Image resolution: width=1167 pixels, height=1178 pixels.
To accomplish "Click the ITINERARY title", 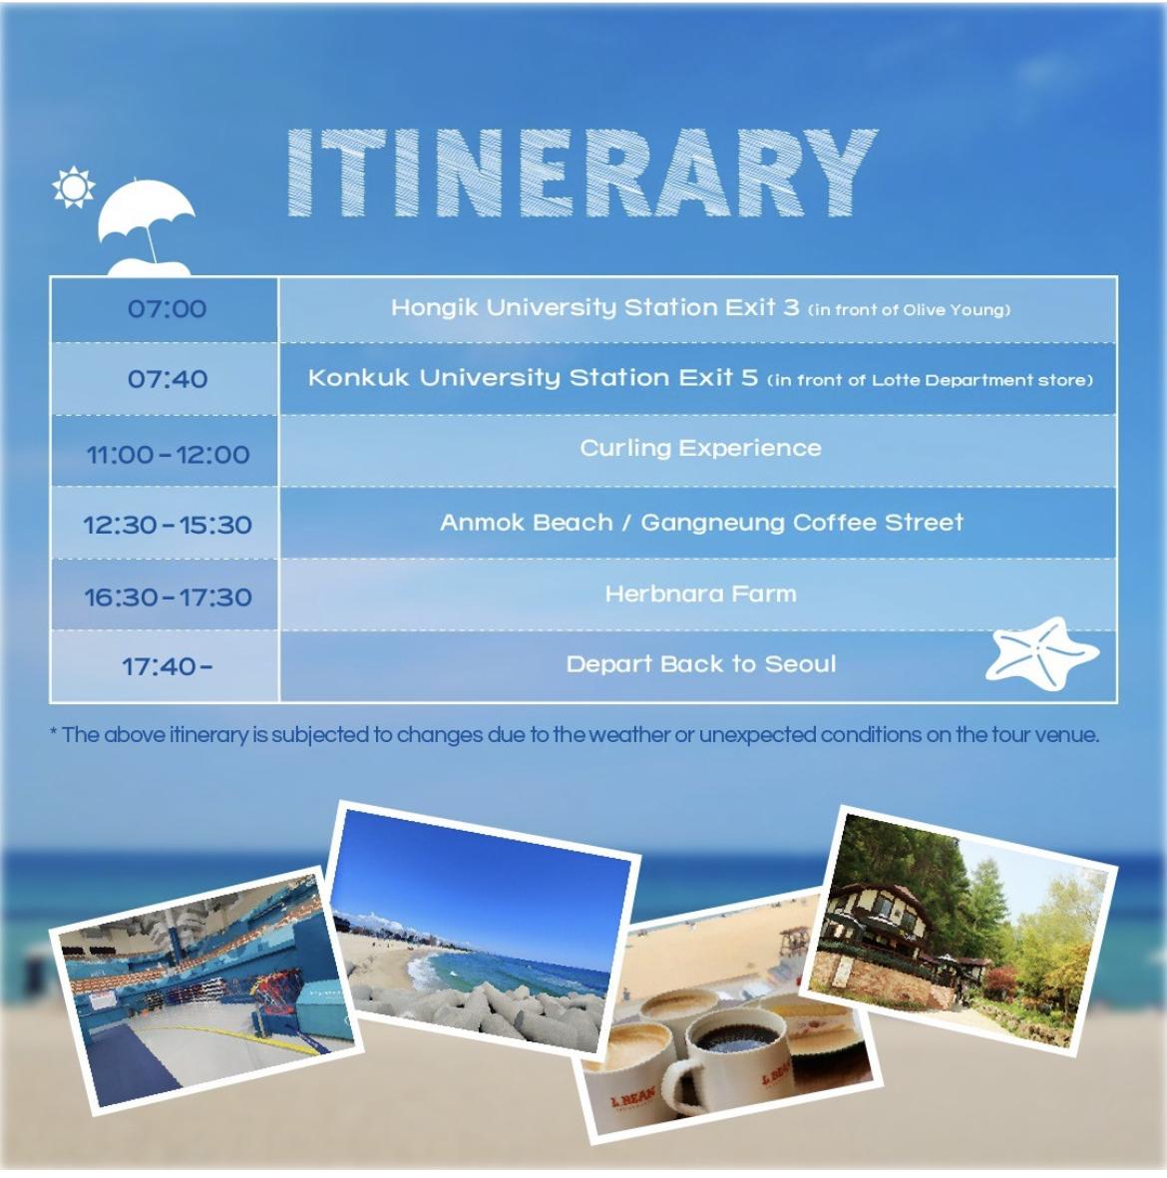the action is coord(582,173).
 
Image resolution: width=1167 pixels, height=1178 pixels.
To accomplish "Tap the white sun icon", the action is coord(74,187).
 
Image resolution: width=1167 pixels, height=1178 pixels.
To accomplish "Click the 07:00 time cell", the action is coord(167,309).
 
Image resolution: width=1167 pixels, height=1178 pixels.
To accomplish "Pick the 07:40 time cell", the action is coord(167,379).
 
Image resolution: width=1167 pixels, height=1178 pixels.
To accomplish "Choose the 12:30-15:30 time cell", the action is coord(167,525).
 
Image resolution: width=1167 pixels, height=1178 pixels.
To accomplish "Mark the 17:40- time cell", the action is coord(167,666).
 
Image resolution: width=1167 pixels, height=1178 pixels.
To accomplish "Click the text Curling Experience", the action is coord(700,449).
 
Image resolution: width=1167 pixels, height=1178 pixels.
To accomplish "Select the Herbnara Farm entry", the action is coord(700,594).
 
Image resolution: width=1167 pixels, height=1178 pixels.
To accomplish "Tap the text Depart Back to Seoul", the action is coord(700,664).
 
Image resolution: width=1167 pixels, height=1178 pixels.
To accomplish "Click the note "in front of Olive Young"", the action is coord(910,309).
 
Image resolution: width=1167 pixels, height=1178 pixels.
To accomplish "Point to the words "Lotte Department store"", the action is coord(972,380).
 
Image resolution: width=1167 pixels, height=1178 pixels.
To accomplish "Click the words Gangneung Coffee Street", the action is coord(802,523).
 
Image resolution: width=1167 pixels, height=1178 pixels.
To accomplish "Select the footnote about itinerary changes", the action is coord(575,735).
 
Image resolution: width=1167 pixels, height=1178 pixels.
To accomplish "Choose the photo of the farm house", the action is coord(959,930).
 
